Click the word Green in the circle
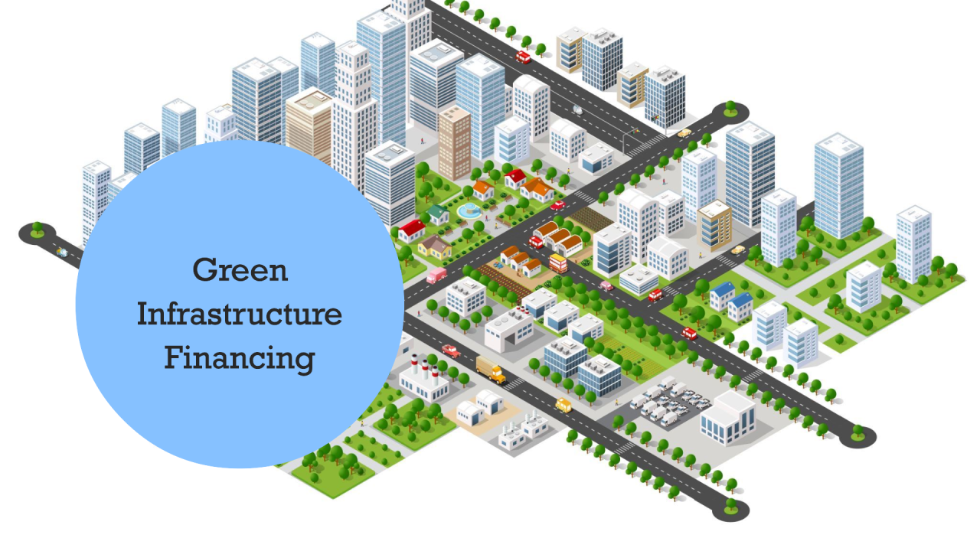pyautogui.click(x=240, y=270)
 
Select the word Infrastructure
pyautogui.click(x=240, y=315)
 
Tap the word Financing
pyautogui.click(x=240, y=358)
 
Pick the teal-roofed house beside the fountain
pyautogui.click(x=438, y=214)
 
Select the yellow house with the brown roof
pyautogui.click(x=434, y=246)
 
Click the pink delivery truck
pyautogui.click(x=436, y=275)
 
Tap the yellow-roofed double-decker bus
pyautogui.click(x=558, y=263)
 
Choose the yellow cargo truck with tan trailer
pyautogui.click(x=491, y=369)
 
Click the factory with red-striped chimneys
pyautogui.click(x=420, y=378)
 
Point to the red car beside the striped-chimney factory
pyautogui.click(x=451, y=350)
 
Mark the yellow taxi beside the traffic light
pyautogui.click(x=684, y=133)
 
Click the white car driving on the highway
pyautogui.click(x=577, y=109)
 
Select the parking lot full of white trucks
pyautogui.click(x=665, y=398)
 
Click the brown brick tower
pyautogui.click(x=454, y=142)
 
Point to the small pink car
pyautogui.click(x=606, y=285)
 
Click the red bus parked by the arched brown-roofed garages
pyautogui.click(x=536, y=242)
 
